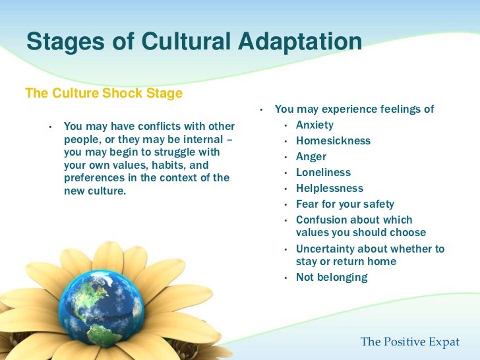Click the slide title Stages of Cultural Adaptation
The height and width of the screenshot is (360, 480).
coord(194,43)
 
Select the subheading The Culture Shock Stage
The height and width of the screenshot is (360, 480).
coord(104,94)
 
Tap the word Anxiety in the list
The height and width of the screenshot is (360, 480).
coord(315,125)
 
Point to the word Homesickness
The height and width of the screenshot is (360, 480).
coord(333,141)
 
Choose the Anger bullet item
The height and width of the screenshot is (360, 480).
coord(311,157)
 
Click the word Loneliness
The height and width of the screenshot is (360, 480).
coord(323,173)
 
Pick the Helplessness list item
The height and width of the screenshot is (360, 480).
coord(329,189)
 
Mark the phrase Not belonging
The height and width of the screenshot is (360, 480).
coord(331,278)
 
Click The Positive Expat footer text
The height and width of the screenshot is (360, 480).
coord(410,342)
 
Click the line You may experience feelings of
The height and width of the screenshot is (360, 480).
coord(354,109)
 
